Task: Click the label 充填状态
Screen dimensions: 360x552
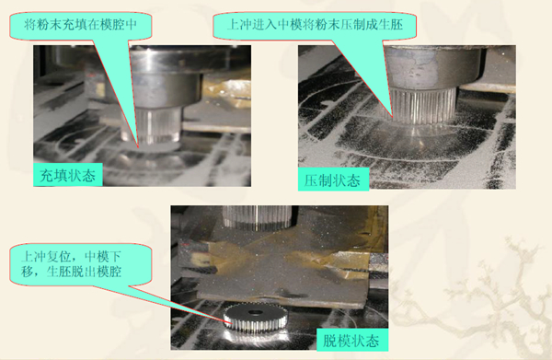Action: click(70, 173)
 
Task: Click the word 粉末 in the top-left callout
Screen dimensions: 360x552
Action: click(61, 24)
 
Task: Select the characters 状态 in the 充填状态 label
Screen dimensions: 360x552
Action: click(84, 173)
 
